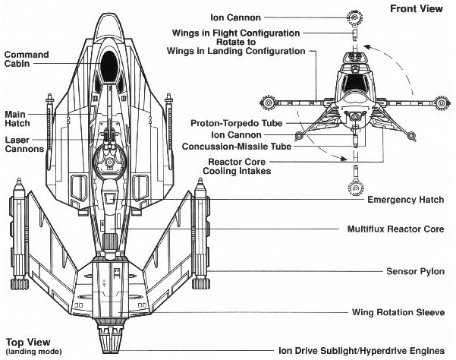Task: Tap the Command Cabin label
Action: [27, 59]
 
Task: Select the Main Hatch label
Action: [17, 120]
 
